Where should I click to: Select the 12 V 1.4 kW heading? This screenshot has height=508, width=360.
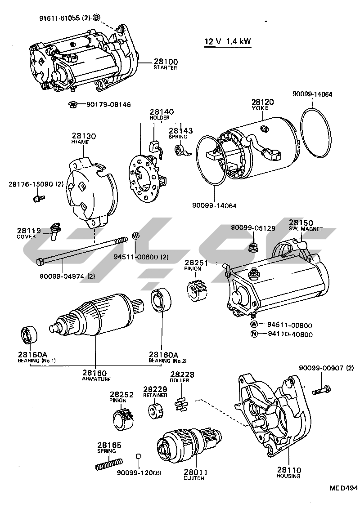[x=228, y=42]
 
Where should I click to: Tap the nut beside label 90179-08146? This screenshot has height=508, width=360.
[x=71, y=105]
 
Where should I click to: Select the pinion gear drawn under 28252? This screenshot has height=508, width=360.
[x=122, y=418]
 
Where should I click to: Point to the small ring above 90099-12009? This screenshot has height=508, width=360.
[x=139, y=457]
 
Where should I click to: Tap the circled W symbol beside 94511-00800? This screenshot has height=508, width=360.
[x=254, y=325]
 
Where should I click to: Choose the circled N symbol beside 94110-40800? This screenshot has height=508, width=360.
[x=254, y=334]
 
